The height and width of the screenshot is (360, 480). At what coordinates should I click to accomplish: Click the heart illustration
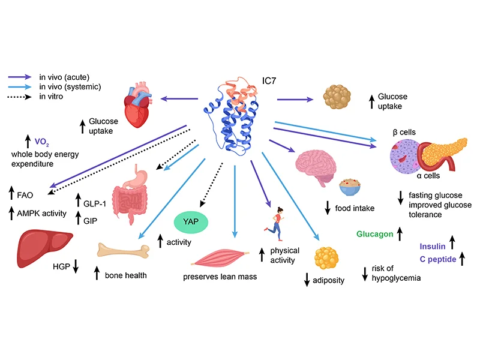pyautogui.click(x=140, y=102)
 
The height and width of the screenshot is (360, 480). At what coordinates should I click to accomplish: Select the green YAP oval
pyautogui.click(x=191, y=221)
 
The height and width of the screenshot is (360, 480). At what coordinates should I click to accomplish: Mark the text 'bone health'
pyautogui.click(x=125, y=275)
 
